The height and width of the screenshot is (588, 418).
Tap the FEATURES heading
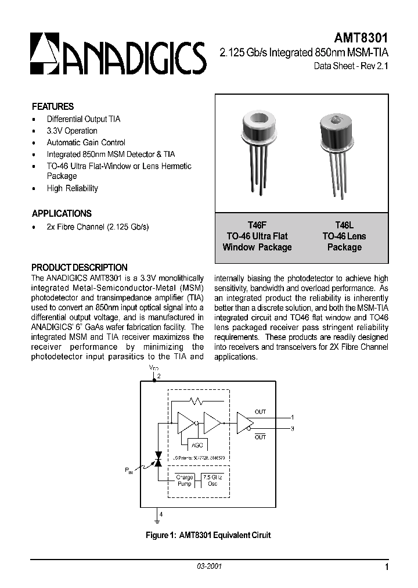(x=53, y=107)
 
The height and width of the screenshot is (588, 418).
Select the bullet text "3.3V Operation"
(x=72, y=131)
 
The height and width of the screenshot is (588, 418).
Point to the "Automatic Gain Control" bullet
(x=86, y=142)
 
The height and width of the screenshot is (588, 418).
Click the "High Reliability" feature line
(x=73, y=188)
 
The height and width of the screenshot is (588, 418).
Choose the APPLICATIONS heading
(x=62, y=213)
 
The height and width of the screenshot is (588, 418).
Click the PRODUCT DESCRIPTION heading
(x=80, y=267)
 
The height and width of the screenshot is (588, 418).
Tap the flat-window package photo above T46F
(x=258, y=150)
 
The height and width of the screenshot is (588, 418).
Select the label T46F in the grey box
(x=257, y=225)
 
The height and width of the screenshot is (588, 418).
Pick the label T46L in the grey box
(x=344, y=225)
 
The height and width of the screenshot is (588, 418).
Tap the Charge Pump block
(x=185, y=481)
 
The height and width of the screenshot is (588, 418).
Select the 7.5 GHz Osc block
(x=212, y=481)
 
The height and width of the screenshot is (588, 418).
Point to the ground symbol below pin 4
(x=157, y=521)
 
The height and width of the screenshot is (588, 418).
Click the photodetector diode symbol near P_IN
(x=157, y=459)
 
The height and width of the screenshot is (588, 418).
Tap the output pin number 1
(x=292, y=417)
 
